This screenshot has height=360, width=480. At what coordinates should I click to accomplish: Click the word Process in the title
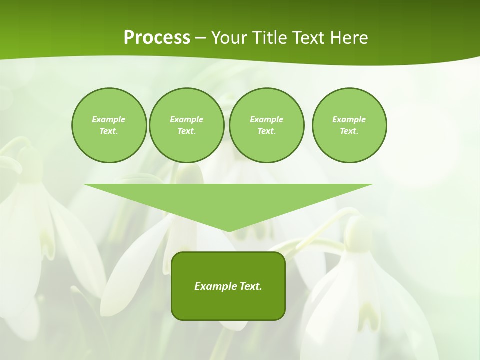click(x=157, y=38)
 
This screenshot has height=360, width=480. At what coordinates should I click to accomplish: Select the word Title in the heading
click(x=272, y=38)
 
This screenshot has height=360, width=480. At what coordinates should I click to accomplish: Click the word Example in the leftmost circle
click(x=108, y=119)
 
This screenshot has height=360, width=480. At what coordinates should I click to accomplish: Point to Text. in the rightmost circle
click(x=349, y=131)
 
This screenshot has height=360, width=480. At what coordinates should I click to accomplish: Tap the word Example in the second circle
click(x=186, y=119)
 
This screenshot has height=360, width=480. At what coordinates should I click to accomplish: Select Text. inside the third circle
click(x=266, y=131)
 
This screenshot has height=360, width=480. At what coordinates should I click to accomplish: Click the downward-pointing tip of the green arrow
click(x=228, y=230)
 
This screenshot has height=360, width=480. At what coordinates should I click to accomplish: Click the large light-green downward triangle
click(x=228, y=200)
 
